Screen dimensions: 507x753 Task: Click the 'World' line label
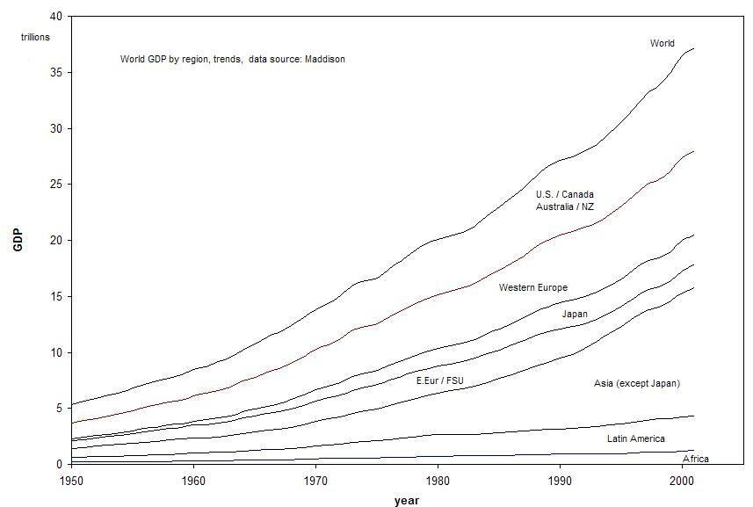click(x=662, y=43)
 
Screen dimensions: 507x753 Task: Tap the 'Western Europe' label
click(x=532, y=287)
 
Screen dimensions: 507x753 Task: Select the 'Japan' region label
click(x=575, y=314)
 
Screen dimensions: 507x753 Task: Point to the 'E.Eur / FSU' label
click(x=439, y=380)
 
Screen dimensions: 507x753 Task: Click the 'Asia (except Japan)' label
click(x=637, y=383)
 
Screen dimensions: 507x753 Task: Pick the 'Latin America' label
click(x=635, y=438)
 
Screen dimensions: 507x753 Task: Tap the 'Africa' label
click(x=695, y=459)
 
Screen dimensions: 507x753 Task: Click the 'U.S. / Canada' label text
click(x=565, y=194)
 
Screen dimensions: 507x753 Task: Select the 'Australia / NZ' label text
click(x=565, y=206)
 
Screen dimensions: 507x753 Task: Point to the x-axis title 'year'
click(x=406, y=500)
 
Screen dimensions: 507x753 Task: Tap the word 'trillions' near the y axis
click(x=36, y=37)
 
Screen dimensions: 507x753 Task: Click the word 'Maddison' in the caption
click(x=325, y=59)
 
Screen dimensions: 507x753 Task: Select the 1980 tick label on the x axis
click(x=438, y=481)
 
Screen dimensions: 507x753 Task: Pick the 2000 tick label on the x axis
click(x=683, y=481)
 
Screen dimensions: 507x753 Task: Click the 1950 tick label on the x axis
click(x=72, y=481)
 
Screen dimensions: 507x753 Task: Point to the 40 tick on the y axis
click(x=56, y=17)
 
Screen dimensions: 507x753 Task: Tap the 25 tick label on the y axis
click(x=56, y=185)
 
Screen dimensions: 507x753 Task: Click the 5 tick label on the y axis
click(x=59, y=408)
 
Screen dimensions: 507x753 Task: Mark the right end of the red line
click(x=694, y=151)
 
